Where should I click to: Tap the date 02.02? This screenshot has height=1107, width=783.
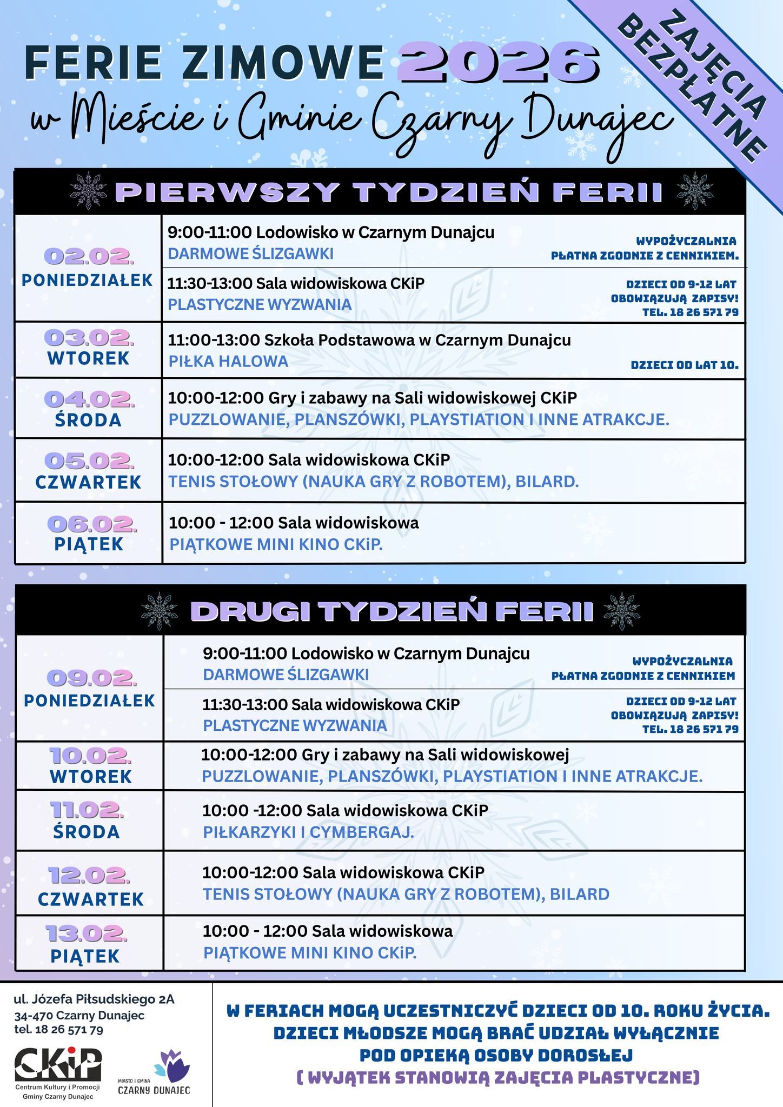(x=89, y=256)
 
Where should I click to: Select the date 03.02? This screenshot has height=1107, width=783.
(x=89, y=337)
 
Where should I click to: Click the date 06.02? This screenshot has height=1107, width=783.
(x=92, y=523)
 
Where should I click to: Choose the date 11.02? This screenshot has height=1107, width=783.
(x=87, y=809)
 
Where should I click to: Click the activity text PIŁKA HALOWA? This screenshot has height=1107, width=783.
(x=228, y=361)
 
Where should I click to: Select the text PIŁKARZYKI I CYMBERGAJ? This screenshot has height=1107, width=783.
(x=308, y=832)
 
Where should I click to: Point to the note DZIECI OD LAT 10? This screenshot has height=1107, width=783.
(x=684, y=365)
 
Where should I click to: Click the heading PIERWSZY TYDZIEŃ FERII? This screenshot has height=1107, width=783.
(x=389, y=192)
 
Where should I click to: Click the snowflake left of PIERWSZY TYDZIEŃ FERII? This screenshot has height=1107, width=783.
(x=89, y=191)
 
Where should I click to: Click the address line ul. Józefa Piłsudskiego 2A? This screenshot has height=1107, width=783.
(x=94, y=999)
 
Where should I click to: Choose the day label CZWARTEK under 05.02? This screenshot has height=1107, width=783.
(x=89, y=482)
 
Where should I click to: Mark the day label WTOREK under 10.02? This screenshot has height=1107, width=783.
(x=91, y=776)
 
